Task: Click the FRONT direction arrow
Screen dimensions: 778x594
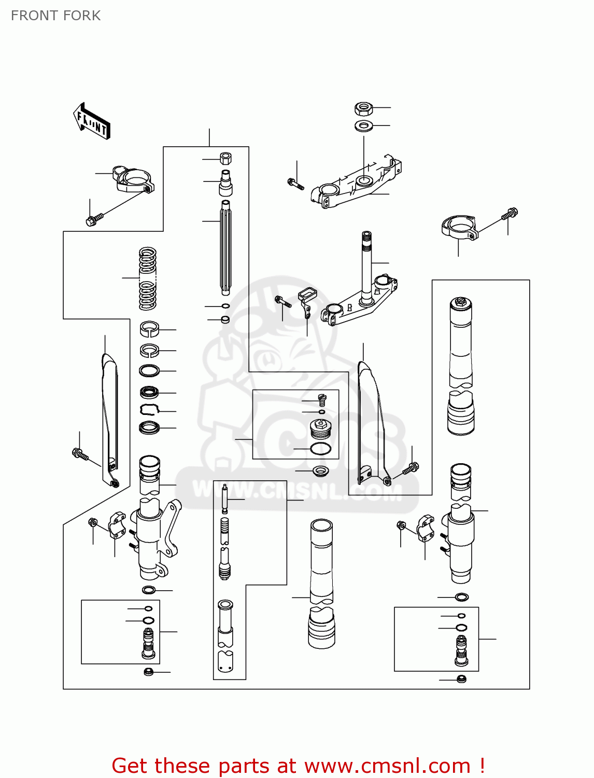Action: tap(92, 121)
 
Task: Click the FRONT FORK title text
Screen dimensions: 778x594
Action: tap(55, 16)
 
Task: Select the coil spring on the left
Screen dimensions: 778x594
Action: tap(148, 279)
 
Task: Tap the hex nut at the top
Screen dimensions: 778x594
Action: tap(364, 108)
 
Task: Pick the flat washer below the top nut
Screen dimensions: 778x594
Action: tap(364, 126)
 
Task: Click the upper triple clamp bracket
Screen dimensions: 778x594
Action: tap(358, 184)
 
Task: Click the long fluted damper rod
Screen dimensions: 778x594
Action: tap(226, 246)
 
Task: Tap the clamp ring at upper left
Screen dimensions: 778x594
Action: tap(133, 179)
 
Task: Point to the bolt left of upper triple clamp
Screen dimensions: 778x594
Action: tap(295, 183)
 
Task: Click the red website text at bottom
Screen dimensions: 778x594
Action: tap(298, 766)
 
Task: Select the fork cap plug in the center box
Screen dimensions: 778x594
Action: tap(320, 429)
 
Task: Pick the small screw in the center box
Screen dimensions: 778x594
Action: tap(322, 399)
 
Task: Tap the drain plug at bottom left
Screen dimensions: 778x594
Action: tap(148, 672)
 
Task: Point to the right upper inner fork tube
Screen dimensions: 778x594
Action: tap(461, 342)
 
